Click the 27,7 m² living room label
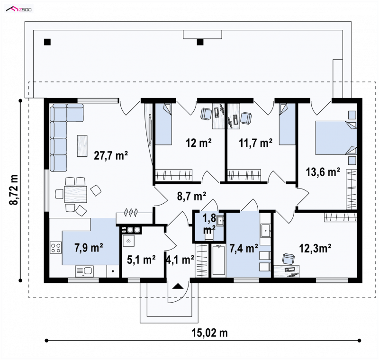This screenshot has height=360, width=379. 111,155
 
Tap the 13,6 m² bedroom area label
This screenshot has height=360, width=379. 323,172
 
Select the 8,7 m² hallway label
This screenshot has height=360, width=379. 191,196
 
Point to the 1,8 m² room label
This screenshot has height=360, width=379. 209,224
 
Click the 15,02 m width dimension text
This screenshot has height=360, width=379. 209,333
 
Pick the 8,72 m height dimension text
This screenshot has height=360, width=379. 14,190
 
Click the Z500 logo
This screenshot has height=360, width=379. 19,9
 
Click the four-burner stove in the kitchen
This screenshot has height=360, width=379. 55,248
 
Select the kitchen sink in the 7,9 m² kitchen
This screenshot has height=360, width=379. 84,271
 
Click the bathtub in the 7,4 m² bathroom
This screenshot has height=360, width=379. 218,261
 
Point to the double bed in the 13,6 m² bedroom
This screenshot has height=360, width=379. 336,138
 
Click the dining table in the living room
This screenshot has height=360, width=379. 75,194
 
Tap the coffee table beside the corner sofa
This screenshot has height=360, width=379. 82,146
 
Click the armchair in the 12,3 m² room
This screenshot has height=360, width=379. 289,259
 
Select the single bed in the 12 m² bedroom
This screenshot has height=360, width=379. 163,124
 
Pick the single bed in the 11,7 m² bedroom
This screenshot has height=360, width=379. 288,124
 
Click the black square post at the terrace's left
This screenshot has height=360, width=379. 47,42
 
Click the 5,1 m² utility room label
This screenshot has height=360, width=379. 141,260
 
